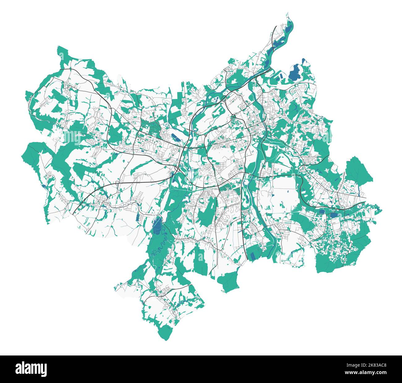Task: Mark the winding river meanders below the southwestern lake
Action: (x=163, y=240)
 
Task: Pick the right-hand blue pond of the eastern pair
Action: (x=334, y=215)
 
